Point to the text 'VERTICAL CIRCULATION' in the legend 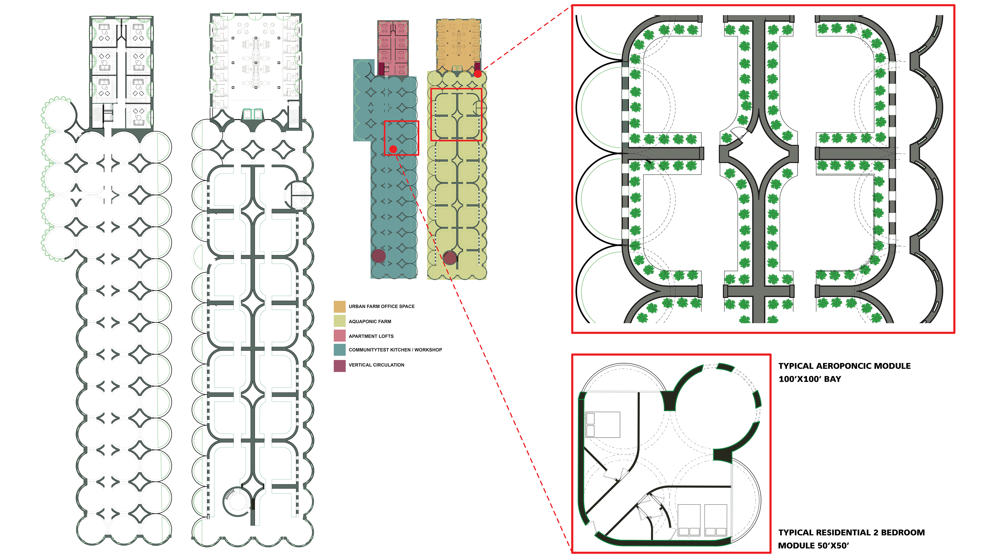[376, 365]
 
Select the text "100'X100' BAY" [810, 379]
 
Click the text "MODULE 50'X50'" [813, 546]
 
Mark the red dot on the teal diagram [393, 149]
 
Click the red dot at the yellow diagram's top [478, 73]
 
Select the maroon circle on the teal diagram [378, 256]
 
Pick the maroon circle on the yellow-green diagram [450, 258]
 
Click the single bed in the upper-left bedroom [603, 424]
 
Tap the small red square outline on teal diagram [401, 138]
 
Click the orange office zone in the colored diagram [459, 44]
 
